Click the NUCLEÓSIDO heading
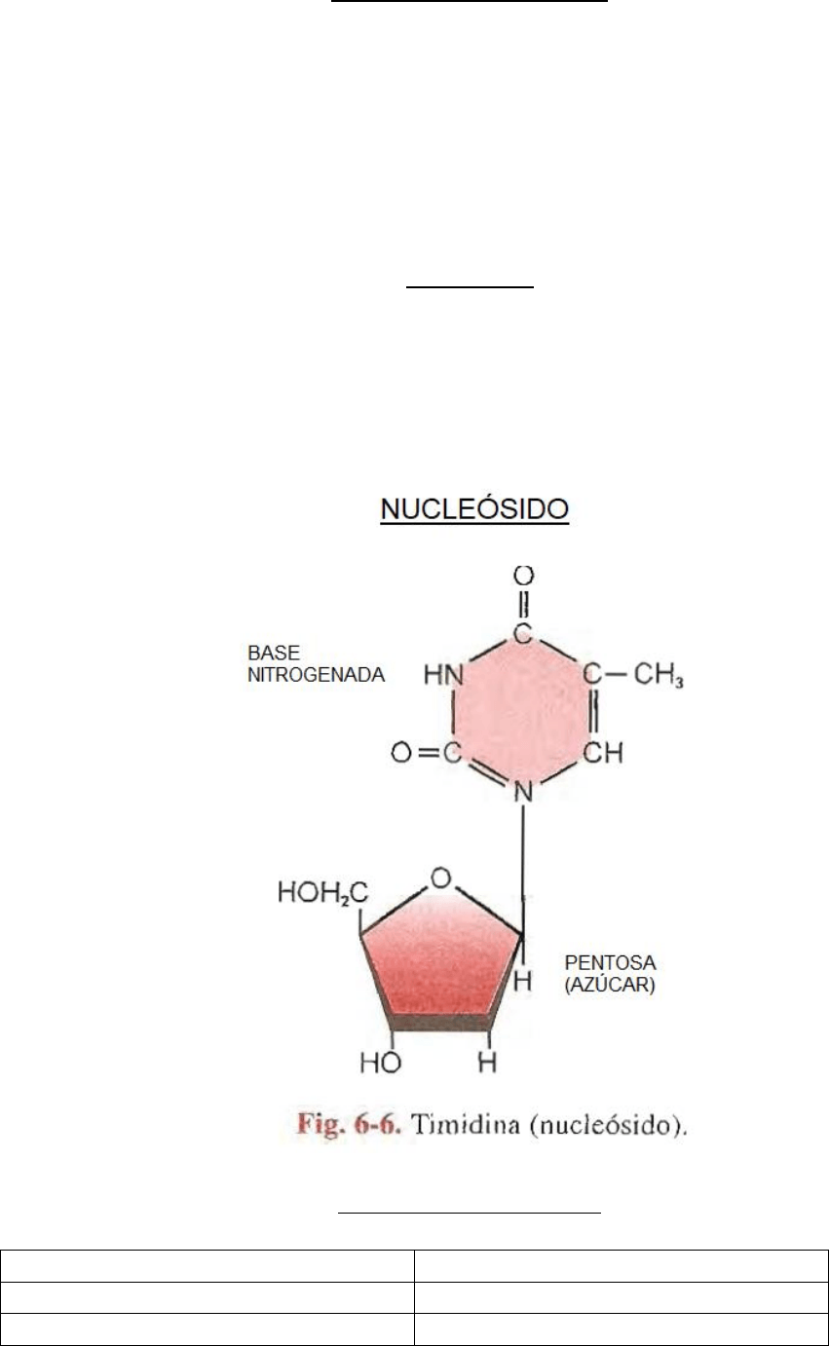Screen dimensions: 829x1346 coord(474,509)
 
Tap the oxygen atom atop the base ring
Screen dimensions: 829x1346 coord(524,576)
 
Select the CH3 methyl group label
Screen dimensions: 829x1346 coord(659,674)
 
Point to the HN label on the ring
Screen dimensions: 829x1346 coord(443,675)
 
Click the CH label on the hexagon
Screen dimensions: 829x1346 coord(602,752)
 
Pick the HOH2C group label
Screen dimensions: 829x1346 coord(322,892)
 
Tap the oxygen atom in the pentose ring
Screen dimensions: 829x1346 coord(440,878)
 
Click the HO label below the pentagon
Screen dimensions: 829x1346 coord(381,1063)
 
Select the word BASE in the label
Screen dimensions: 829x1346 coord(274,653)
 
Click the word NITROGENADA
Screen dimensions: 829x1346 coord(317,675)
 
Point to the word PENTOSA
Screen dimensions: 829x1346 coord(610,962)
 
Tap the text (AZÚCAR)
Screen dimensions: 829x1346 coord(610,985)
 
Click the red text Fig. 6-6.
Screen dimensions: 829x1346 coord(349,1124)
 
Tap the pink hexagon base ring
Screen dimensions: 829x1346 coord(522,713)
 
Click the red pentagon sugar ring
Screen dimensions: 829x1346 coord(440,960)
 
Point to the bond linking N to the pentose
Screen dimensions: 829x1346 coord(523,870)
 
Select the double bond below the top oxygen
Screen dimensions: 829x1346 coord(524,605)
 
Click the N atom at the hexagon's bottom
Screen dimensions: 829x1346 coord(524,793)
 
